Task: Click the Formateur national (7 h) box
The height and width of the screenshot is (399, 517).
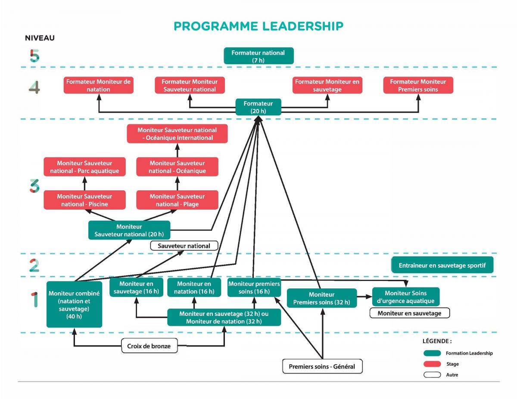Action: (258, 56)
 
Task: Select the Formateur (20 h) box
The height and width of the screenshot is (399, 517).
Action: (258, 107)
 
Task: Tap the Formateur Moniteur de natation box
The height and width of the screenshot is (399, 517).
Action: (99, 85)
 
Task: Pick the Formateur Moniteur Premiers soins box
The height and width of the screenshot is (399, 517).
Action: (418, 85)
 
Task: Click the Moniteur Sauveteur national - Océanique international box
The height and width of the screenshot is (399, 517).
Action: (177, 133)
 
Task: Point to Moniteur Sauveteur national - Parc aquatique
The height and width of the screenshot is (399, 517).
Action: (84, 167)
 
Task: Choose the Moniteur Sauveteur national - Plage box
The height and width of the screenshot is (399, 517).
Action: (177, 200)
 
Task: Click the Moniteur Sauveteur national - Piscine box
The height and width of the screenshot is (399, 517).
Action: (84, 200)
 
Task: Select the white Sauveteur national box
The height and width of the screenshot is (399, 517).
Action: (184, 246)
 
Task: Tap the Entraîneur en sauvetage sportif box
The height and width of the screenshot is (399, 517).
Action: (442, 265)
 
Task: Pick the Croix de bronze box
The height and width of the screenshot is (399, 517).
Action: (149, 346)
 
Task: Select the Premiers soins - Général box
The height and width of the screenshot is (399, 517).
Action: (322, 366)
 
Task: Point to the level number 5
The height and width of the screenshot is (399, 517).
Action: (34, 56)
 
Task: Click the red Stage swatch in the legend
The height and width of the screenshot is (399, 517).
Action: (432, 364)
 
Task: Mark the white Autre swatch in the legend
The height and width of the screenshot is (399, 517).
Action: (432, 375)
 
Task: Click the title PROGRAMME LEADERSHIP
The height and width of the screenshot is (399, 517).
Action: (258, 26)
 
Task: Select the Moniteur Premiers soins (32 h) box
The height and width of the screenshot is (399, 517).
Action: (322, 298)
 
